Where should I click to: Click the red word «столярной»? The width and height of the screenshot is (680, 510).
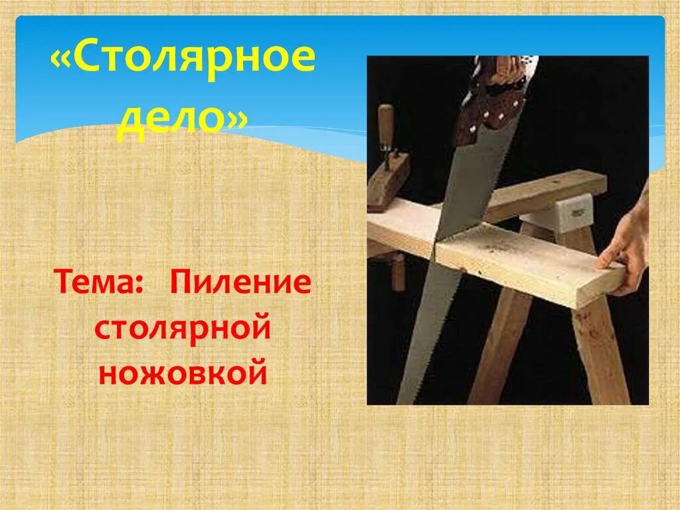[x=183, y=329]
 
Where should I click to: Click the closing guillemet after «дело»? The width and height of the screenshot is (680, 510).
[x=237, y=122]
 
